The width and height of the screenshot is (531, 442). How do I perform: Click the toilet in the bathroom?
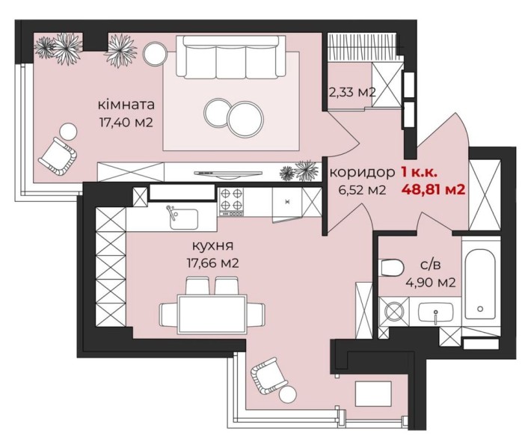pos(392,268)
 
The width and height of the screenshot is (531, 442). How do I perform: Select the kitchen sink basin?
pos(184,219)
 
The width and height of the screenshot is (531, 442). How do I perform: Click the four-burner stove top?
pos(232,202)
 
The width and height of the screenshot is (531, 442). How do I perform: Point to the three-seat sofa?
pos(230,57)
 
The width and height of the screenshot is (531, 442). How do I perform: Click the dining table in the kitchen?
pos(212,314)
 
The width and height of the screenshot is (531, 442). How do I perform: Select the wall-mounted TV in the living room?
pos(228,174)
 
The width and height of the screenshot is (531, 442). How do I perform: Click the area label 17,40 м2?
pos(126,121)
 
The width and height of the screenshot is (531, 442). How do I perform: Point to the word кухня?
pos(212,245)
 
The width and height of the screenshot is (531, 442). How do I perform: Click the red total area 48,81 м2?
pos(433,189)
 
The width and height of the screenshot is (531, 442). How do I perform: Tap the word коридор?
pos(363,173)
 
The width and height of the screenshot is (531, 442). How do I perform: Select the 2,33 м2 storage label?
pos(352,91)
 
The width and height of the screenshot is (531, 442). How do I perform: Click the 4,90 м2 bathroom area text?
pos(430,282)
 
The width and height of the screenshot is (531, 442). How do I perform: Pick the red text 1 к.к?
pos(420,173)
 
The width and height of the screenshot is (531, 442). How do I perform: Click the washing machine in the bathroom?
pos(394,310)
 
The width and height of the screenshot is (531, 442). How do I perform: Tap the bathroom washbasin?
pos(436,312)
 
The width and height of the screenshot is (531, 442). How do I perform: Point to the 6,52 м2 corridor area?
pos(363,190)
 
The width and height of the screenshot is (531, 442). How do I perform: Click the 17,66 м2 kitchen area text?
pos(212,263)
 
